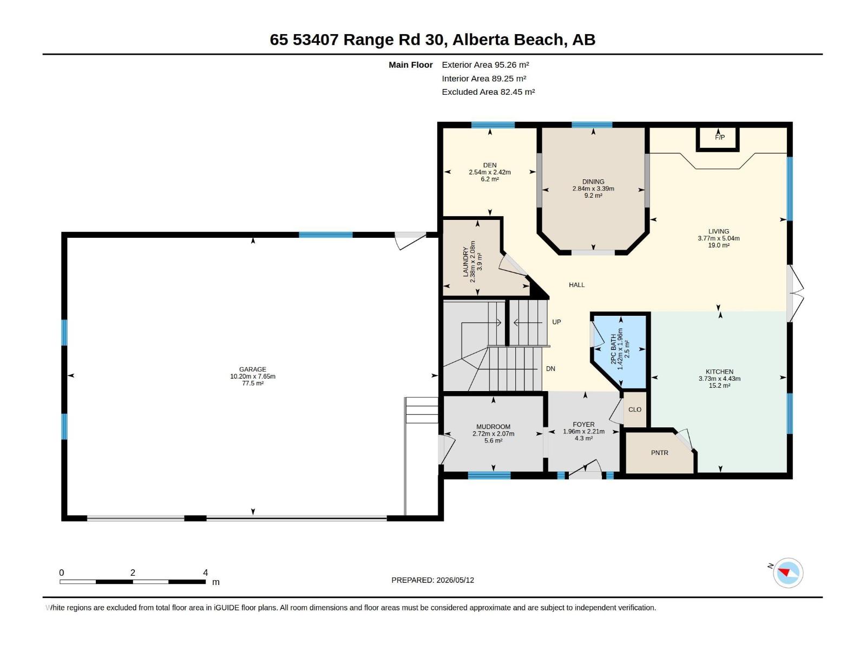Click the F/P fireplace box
point(718,139)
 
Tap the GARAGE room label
point(253,369)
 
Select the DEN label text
point(490,165)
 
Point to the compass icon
point(788,573)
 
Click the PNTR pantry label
point(660,453)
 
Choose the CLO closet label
point(635,409)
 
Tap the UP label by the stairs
point(556,322)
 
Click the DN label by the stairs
point(550,369)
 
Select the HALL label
point(576,284)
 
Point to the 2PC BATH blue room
point(620,349)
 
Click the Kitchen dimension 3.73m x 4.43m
point(719,379)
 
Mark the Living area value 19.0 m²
point(718,245)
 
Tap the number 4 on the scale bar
point(205,572)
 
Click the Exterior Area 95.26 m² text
point(486,64)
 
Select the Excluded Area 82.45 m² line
point(488,92)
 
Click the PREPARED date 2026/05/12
point(455,580)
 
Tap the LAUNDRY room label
point(465,263)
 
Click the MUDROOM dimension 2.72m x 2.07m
point(493,433)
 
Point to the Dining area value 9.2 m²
point(593,196)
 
